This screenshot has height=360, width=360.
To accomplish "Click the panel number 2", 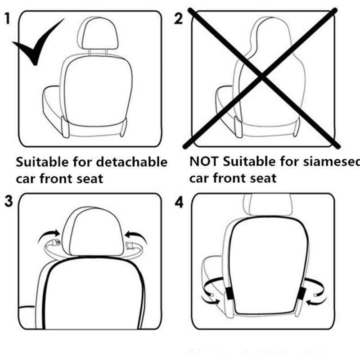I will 179,19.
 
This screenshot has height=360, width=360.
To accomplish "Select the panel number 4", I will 179,202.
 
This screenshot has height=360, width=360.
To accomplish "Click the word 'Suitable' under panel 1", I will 42,162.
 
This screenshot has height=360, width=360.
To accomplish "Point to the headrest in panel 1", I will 98,34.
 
